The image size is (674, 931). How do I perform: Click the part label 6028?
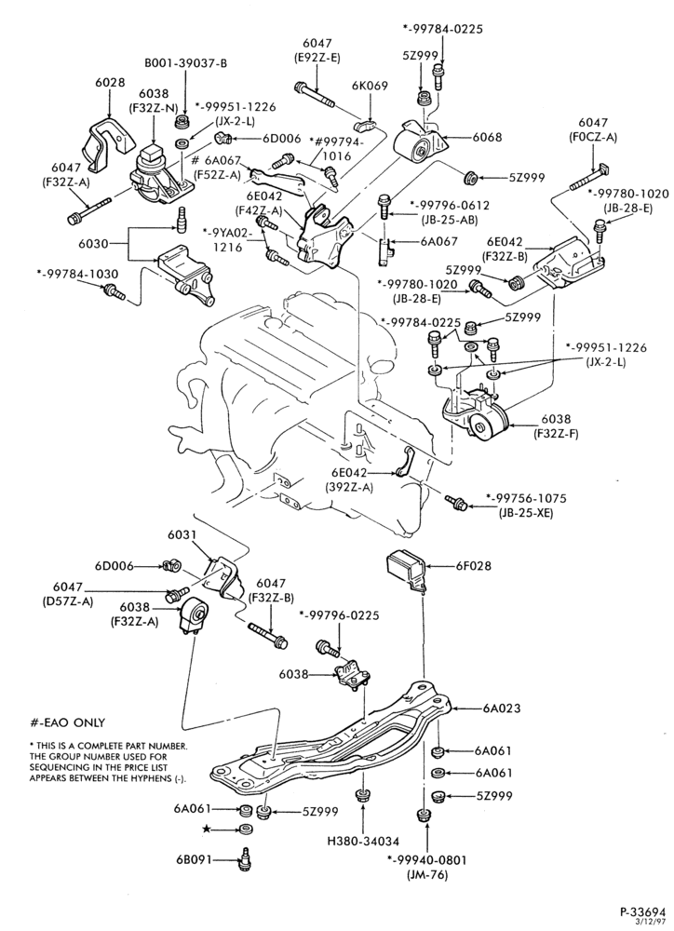[110, 83]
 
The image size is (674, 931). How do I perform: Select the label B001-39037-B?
[186, 63]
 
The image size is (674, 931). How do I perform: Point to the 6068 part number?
[487, 137]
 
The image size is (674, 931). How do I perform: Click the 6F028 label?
[473, 566]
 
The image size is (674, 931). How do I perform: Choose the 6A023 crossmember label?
[501, 708]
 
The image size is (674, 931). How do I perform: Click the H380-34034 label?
[363, 841]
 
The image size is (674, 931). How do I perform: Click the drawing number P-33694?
[643, 911]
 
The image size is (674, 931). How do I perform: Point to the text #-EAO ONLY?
[68, 722]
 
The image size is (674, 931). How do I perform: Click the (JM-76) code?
[427, 874]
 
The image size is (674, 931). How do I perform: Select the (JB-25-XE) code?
[526, 511]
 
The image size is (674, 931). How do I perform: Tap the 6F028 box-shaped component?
[408, 572]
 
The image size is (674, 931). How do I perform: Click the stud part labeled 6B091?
[243, 859]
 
